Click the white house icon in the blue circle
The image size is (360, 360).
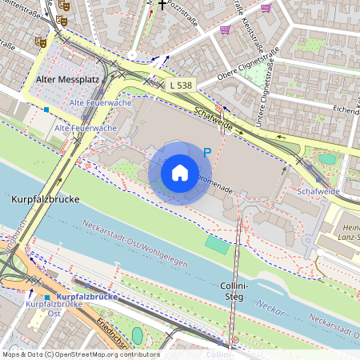(x=180, y=173)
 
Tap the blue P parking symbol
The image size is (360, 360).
(x=206, y=152)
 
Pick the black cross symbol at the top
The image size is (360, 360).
(x=162, y=5)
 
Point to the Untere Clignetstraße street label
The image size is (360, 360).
(x=266, y=108)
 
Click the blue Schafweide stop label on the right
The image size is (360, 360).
(x=318, y=193)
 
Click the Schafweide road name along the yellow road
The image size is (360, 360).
(x=211, y=114)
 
